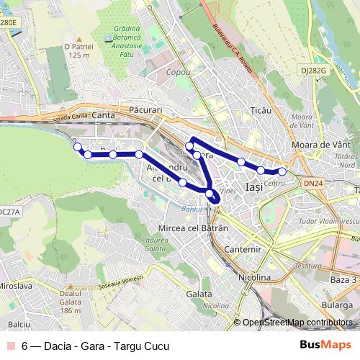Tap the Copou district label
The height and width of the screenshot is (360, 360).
coord(179,73)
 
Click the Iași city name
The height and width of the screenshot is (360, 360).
coord(254,187)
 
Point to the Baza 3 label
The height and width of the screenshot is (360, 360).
coord(343,279)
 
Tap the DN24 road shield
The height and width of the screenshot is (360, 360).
coord(312,184)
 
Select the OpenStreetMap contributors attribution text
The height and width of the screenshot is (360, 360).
coord(297,322)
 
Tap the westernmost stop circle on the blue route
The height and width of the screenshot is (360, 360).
coord(77,147)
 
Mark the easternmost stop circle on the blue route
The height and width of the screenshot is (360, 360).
coord(282,171)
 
